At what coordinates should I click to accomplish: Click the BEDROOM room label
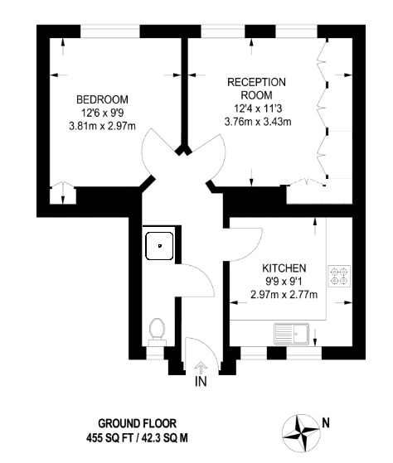102,99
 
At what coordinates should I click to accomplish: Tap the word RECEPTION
256,82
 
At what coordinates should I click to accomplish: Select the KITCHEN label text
284,268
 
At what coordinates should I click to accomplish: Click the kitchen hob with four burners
339,276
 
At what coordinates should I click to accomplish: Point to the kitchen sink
292,334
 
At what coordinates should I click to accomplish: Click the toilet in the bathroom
157,331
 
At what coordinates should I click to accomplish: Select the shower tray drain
160,246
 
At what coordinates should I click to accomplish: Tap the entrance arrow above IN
201,368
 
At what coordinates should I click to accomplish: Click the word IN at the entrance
201,382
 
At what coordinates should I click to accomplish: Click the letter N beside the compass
326,423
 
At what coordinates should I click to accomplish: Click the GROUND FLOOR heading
137,424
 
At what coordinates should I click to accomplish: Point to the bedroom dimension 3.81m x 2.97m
102,126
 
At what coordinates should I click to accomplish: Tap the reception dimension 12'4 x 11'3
258,109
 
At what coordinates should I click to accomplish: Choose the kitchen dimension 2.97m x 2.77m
284,294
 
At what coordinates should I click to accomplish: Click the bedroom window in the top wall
110,31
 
